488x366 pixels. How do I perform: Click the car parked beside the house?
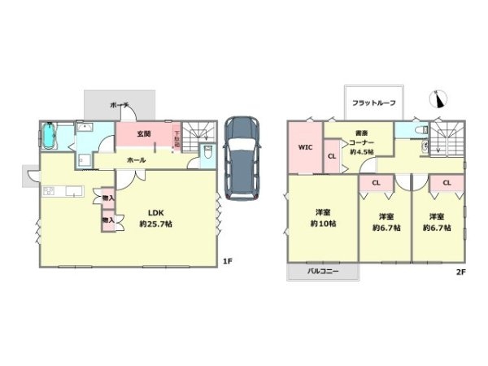[x=242, y=157]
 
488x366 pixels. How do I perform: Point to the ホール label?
[x=136, y=160]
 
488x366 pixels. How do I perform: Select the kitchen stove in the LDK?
[x=48, y=192]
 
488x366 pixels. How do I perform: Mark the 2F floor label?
[x=460, y=272]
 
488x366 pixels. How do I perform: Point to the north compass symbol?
[x=440, y=98]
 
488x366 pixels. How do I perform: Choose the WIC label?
[x=305, y=148]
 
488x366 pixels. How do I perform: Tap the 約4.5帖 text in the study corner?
[x=360, y=151]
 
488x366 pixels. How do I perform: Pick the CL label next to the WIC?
[x=332, y=156]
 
